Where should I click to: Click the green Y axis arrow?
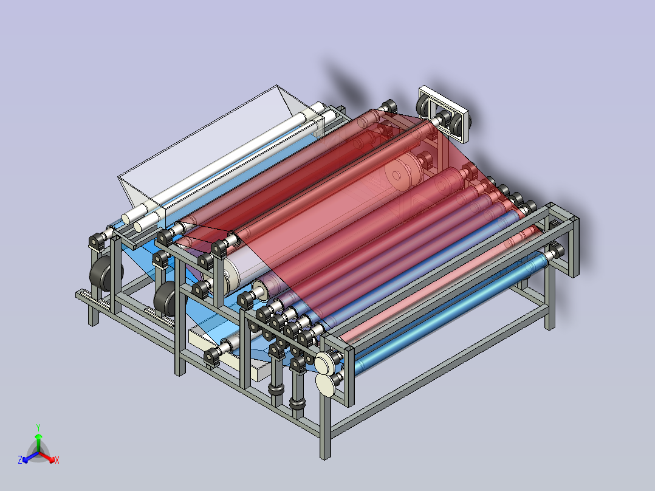click(38, 442)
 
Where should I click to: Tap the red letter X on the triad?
click(57, 461)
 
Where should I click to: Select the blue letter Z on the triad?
click(20, 460)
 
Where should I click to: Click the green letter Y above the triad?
click(38, 427)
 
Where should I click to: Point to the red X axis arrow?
click(47, 457)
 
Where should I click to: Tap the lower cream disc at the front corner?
click(326, 385)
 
